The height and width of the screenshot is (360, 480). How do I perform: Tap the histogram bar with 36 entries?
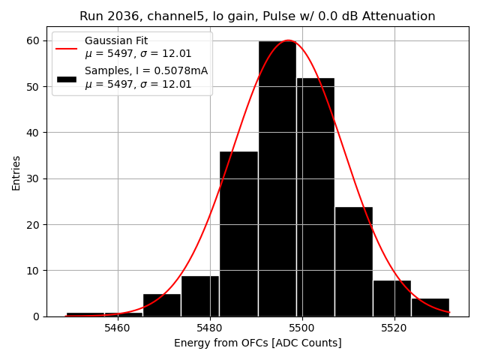click(x=238, y=233)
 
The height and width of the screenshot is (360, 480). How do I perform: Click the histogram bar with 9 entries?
click(x=200, y=295)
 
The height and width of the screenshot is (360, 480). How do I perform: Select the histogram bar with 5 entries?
click(x=162, y=304)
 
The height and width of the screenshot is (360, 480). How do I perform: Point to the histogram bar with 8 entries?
click(x=391, y=298)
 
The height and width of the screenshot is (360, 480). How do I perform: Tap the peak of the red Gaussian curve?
click(x=288, y=40)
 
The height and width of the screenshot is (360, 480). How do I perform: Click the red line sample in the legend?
click(x=66, y=48)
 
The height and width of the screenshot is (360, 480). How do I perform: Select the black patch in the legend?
click(x=66, y=78)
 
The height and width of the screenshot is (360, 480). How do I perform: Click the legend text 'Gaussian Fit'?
click(x=115, y=40)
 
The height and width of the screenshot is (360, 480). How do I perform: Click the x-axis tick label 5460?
click(x=118, y=328)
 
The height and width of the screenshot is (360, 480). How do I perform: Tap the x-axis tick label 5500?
click(x=302, y=328)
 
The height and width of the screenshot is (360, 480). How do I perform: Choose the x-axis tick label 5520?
click(x=394, y=328)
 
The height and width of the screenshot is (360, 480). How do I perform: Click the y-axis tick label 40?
click(x=33, y=133)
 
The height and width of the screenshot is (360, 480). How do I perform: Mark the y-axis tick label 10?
click(x=33, y=271)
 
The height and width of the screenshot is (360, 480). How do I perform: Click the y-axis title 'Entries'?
click(x=16, y=172)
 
